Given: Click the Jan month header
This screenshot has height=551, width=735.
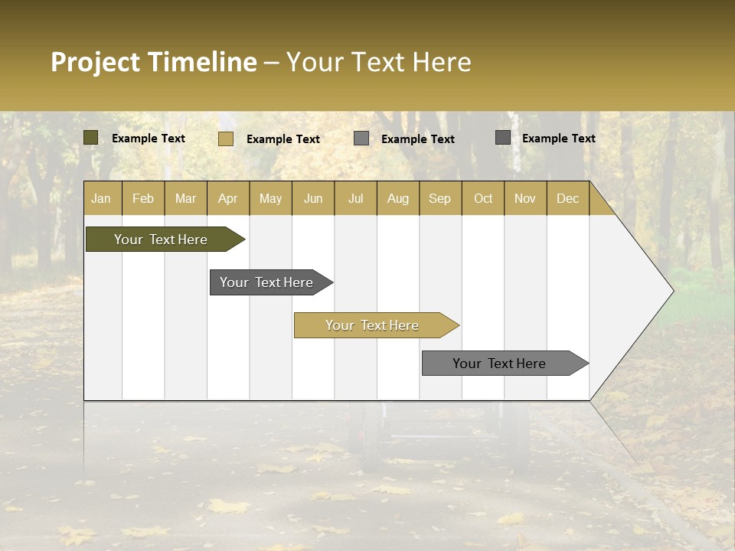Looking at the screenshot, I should (x=101, y=198).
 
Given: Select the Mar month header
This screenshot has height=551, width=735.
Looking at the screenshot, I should (x=185, y=198).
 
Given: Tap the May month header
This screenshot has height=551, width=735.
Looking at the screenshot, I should (x=270, y=198).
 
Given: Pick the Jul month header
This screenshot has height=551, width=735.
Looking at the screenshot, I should (x=355, y=198).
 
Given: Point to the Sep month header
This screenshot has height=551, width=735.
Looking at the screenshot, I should (x=439, y=198).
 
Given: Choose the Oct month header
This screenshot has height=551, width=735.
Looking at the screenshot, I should (x=483, y=198).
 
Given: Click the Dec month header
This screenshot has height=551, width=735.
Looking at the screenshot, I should (x=567, y=198).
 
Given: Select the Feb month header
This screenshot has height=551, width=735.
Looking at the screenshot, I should (x=143, y=198).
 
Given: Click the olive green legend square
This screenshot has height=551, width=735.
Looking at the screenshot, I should (x=90, y=138).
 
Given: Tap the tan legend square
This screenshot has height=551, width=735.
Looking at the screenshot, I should (x=225, y=139).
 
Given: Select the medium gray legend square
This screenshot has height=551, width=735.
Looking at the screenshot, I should (x=361, y=139).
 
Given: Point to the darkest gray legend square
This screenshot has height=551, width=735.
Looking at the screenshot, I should (x=502, y=138).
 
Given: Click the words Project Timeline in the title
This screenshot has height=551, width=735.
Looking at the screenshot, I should (x=153, y=62).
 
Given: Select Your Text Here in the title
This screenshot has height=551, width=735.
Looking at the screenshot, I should (x=378, y=62).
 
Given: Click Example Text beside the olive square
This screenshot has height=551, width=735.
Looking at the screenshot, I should (x=149, y=139).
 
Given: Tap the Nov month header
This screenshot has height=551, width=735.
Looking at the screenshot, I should (x=525, y=198).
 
